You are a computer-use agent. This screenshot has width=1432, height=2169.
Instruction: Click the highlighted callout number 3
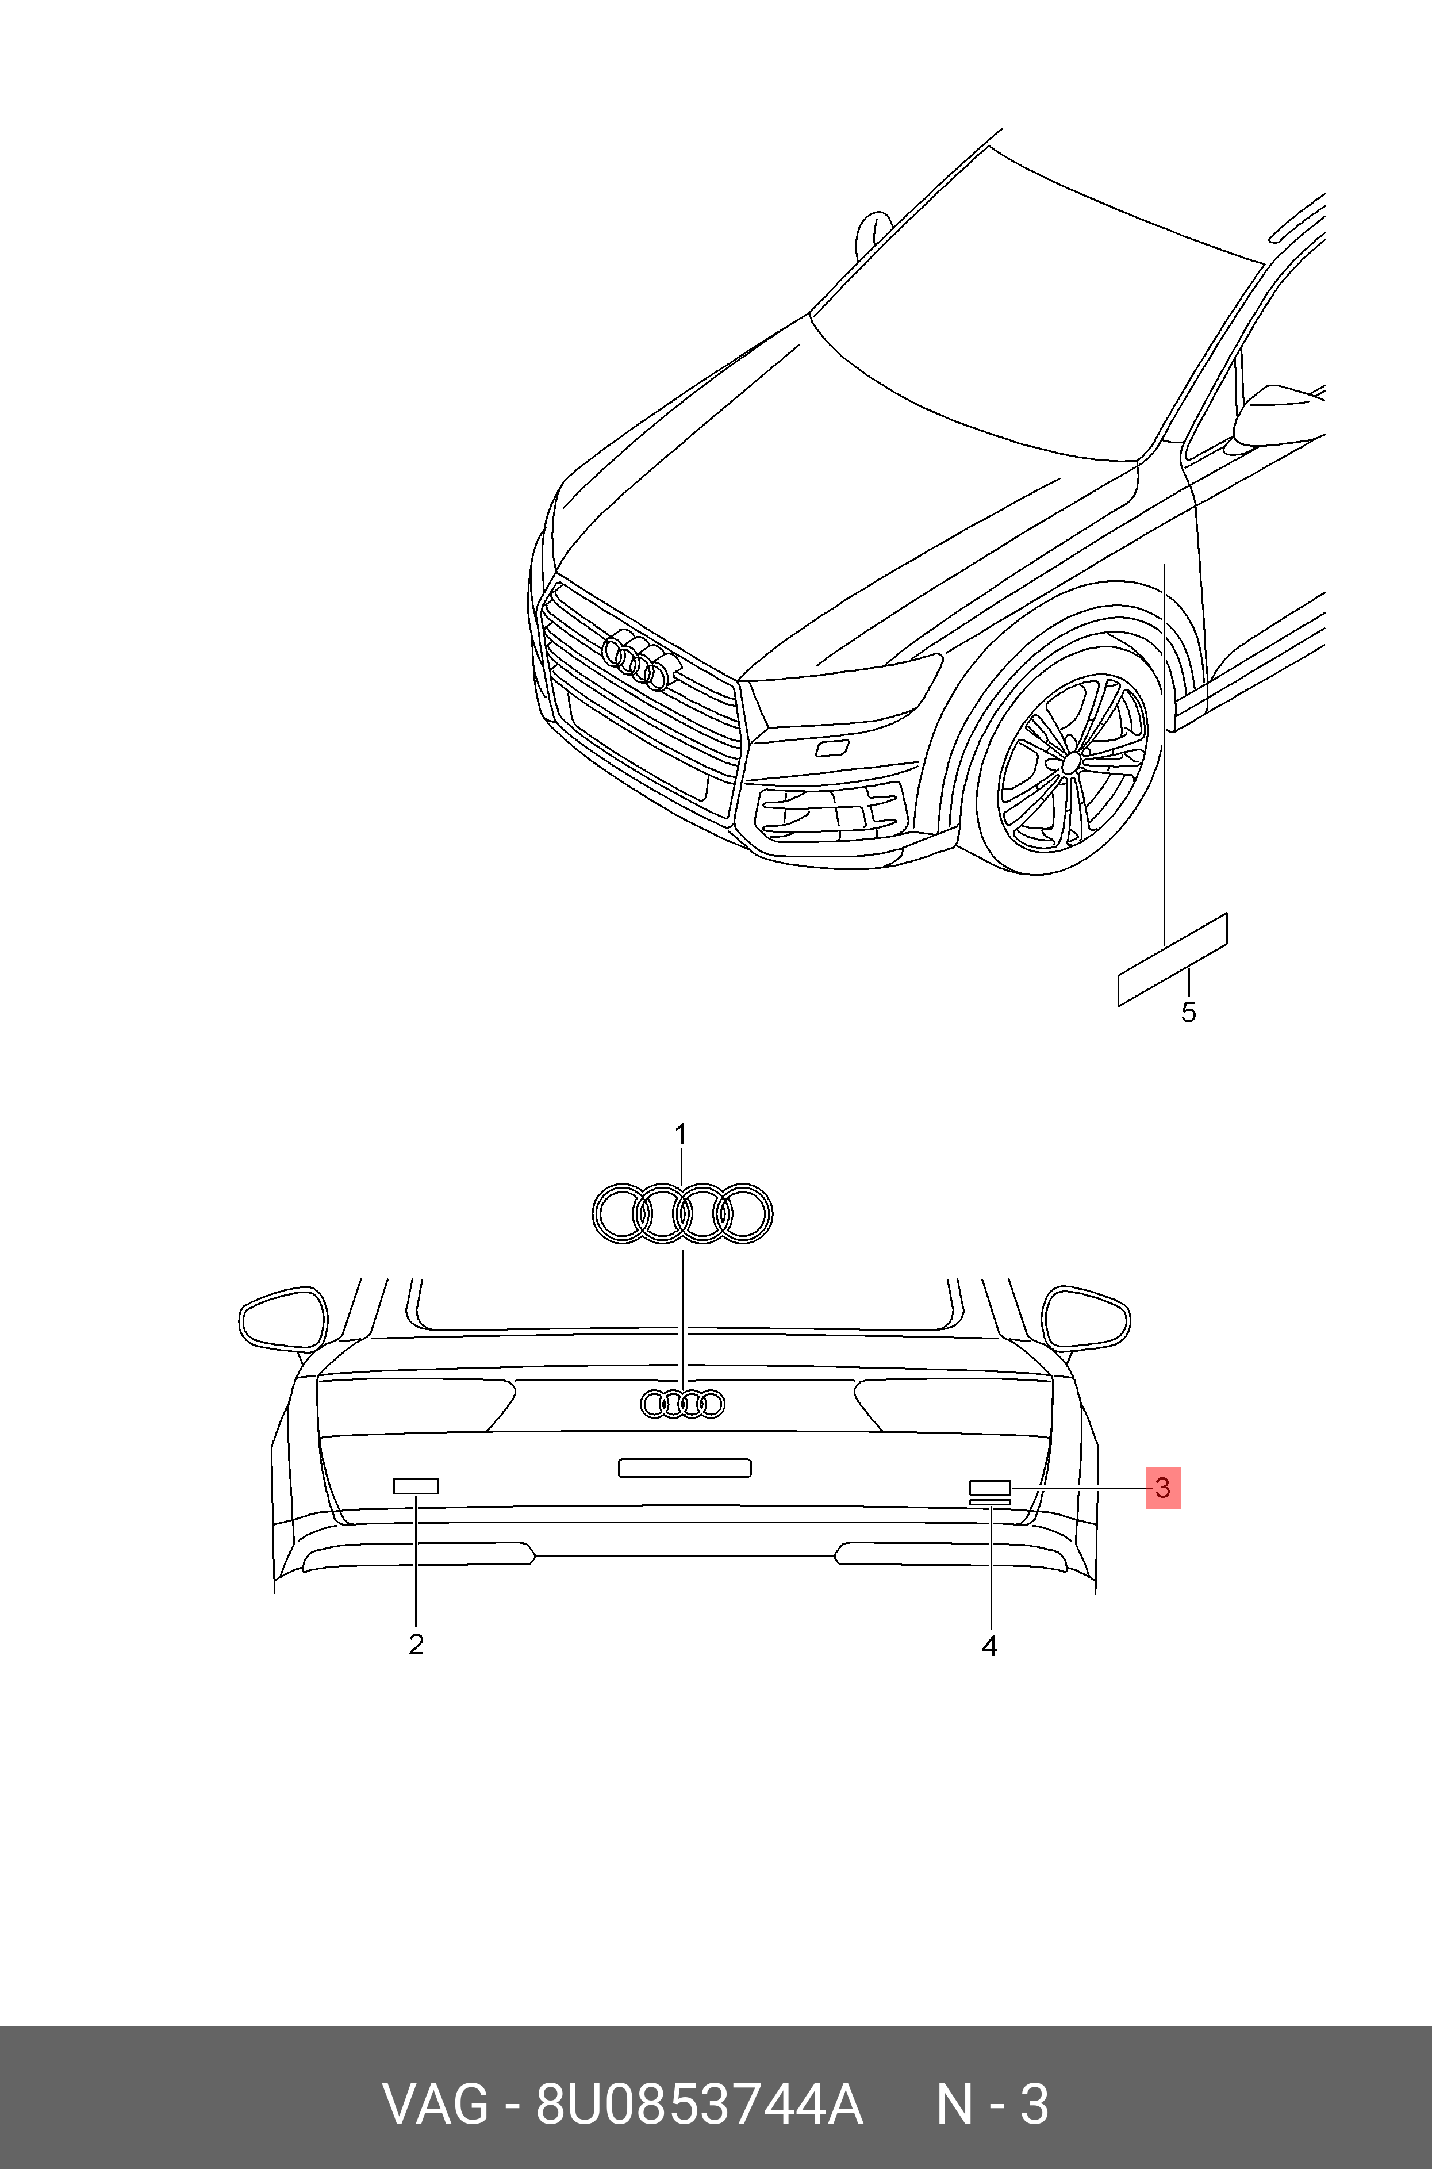point(1162,1488)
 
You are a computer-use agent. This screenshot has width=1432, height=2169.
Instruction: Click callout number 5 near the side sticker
point(1188,1012)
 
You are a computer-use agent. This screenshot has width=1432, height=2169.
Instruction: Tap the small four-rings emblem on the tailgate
point(682,1404)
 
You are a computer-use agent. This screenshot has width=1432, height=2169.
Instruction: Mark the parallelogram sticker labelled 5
point(1173,959)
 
